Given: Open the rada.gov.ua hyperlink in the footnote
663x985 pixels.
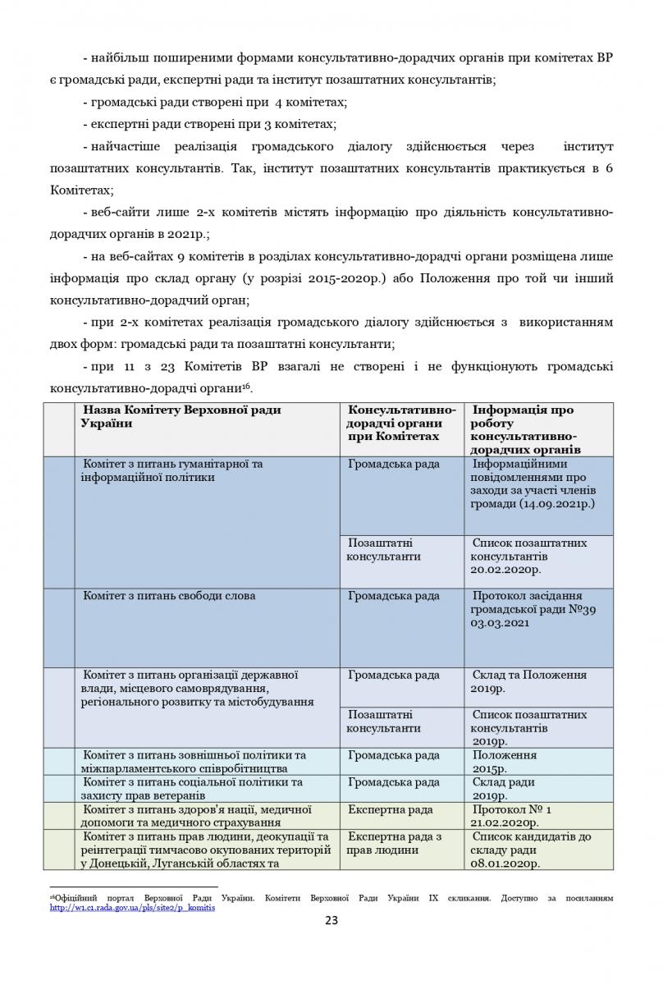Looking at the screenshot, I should pyautogui.click(x=132, y=909).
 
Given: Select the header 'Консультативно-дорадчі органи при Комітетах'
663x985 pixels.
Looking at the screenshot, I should pyautogui.click(x=401, y=423).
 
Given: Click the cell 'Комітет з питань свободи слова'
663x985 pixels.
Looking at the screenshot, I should pyautogui.click(x=169, y=596).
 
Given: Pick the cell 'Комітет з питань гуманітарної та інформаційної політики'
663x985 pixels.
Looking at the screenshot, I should pyautogui.click(x=172, y=470).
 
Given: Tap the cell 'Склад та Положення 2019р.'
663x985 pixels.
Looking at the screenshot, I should pyautogui.click(x=529, y=682).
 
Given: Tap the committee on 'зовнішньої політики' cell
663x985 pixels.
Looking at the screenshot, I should pyautogui.click(x=194, y=762).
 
